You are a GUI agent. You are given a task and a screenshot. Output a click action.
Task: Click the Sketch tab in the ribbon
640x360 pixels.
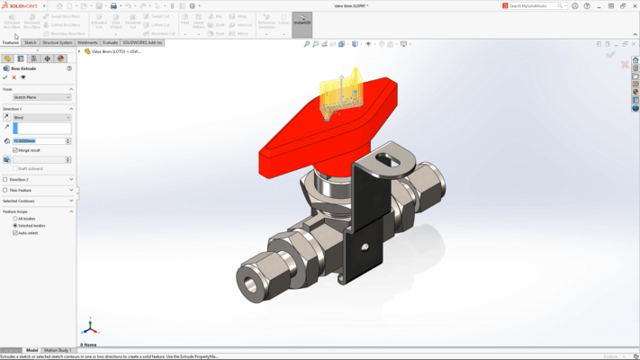point(30,42)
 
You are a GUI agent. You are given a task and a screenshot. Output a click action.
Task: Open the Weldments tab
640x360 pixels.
point(87,42)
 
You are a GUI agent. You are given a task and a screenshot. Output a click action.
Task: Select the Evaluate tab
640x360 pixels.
point(111,42)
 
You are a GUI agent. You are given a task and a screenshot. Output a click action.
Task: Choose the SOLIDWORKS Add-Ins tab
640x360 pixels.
point(143,42)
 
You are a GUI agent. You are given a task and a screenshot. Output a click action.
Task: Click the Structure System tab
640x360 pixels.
point(58,42)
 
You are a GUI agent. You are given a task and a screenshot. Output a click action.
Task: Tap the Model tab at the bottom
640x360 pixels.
point(32,350)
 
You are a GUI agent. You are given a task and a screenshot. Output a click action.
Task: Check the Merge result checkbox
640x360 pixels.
point(15,149)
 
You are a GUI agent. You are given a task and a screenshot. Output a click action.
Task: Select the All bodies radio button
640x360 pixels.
point(15,218)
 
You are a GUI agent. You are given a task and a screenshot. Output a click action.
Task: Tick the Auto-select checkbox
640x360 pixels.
point(15,232)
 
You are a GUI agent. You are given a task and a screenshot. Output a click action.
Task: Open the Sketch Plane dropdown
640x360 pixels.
point(41,97)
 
